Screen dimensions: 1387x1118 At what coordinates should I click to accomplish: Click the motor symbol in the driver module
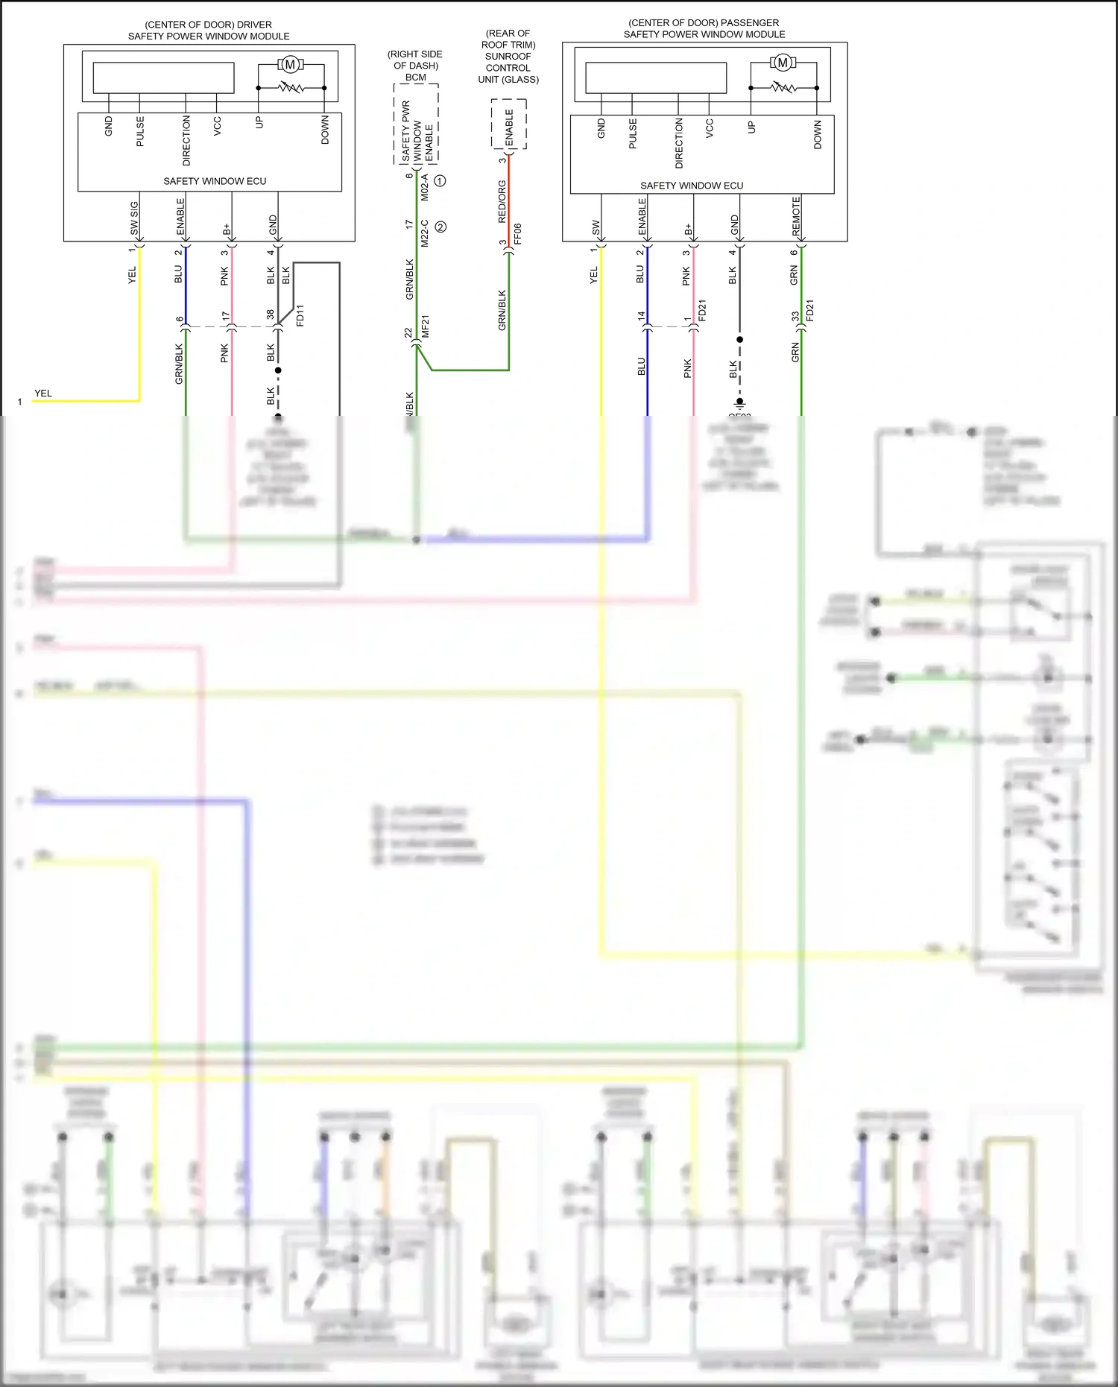290,64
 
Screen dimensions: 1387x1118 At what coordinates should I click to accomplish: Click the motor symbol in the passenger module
783,63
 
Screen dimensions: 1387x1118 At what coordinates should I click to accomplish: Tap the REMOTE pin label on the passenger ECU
796,216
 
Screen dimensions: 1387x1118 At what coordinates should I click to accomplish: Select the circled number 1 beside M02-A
440,181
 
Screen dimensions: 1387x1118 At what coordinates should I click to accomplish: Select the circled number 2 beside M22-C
440,227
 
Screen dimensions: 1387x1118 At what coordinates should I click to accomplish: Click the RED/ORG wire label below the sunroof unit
502,201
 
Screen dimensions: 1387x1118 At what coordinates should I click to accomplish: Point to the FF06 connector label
517,233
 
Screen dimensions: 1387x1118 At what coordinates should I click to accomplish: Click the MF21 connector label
426,326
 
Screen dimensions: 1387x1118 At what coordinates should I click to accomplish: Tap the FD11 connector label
300,315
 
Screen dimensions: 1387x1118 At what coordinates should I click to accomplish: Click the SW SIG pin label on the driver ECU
134,218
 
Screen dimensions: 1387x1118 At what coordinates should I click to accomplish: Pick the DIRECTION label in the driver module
186,140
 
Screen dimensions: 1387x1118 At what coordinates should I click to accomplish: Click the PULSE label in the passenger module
633,133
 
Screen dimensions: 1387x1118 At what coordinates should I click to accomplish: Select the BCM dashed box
416,123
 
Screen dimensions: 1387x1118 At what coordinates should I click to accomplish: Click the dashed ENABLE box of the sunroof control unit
509,124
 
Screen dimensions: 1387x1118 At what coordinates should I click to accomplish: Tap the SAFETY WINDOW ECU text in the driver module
215,181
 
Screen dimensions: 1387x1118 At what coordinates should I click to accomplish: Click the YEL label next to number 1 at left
43,394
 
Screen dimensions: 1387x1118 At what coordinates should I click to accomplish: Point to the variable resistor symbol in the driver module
291,88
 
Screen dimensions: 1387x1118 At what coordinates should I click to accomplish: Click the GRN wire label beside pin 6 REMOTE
794,276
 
